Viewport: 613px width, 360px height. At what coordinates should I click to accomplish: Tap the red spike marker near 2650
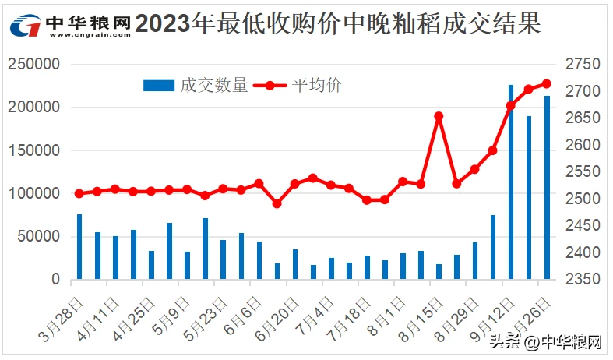(x=439, y=116)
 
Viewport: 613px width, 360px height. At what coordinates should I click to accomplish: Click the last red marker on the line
(x=547, y=83)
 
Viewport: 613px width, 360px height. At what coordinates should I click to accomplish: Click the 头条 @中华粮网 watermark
(x=545, y=342)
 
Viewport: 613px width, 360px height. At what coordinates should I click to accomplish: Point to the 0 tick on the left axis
(x=55, y=279)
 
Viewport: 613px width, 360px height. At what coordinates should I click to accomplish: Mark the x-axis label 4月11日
(x=92, y=316)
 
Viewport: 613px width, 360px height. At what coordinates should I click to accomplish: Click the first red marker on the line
(x=79, y=193)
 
